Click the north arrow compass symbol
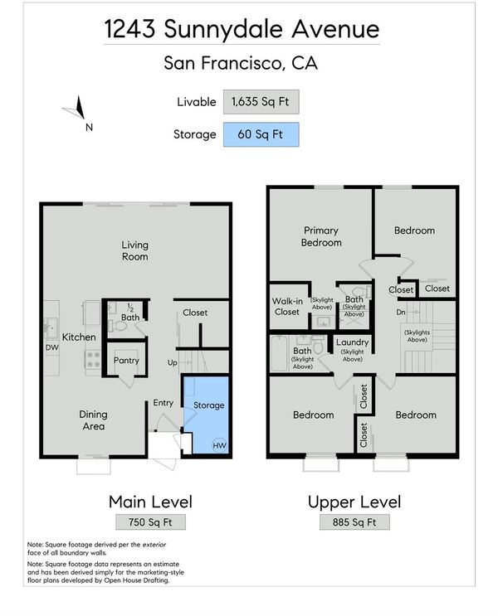click(x=77, y=109)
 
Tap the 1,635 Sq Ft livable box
click(x=261, y=102)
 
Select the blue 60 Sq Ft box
click(x=261, y=135)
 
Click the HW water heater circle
click(x=219, y=445)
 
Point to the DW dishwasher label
click(x=52, y=347)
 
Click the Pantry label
click(x=126, y=361)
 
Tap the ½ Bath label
click(x=130, y=313)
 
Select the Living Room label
click(x=135, y=250)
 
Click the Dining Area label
click(x=93, y=420)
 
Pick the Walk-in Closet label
click(x=287, y=307)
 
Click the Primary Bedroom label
click(x=321, y=236)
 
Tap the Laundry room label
click(x=352, y=342)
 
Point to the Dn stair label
click(x=400, y=313)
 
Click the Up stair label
click(x=173, y=362)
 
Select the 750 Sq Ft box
click(x=150, y=522)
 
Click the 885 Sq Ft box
click(x=354, y=522)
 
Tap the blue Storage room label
click(x=209, y=405)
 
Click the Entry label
click(x=164, y=403)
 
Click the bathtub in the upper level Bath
click(x=279, y=353)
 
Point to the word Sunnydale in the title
click(x=223, y=29)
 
